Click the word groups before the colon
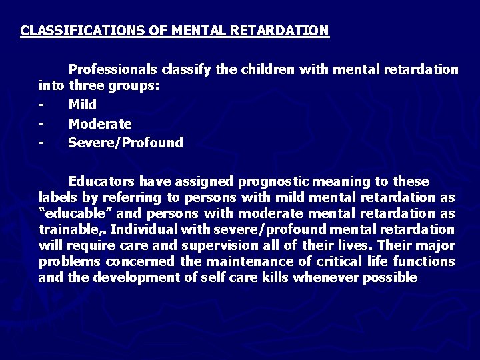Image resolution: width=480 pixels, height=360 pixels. [136, 86]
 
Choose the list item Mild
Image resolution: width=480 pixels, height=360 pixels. [83, 105]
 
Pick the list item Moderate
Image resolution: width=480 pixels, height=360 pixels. [100, 124]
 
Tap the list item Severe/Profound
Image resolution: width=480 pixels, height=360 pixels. [125, 143]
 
